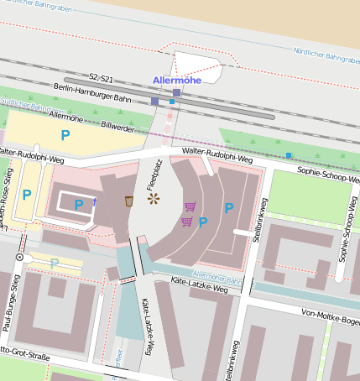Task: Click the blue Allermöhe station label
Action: click(179, 80)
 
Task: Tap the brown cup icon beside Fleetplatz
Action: click(129, 201)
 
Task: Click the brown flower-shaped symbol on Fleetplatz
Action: click(153, 199)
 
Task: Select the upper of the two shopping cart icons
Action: click(190, 206)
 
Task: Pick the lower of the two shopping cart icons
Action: click(186, 222)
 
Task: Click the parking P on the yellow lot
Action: click(65, 134)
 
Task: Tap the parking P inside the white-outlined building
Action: click(78, 204)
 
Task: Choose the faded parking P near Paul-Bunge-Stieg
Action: click(55, 264)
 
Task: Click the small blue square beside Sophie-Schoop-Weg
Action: click(288, 155)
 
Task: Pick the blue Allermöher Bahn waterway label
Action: click(217, 275)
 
